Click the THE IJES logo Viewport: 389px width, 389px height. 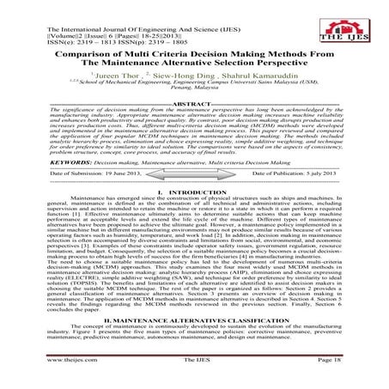(x=351, y=24)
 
